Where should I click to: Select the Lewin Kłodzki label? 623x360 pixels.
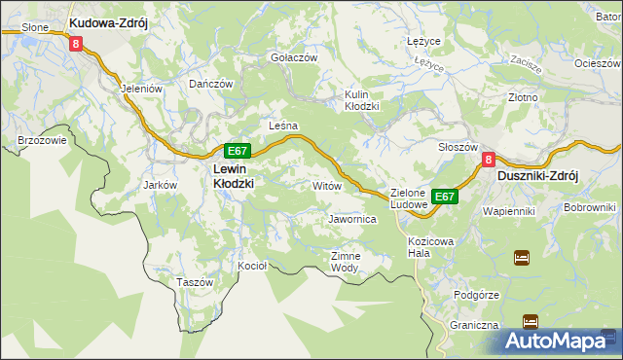(x=234, y=175)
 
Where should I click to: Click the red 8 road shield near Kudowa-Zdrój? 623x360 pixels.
(x=75, y=43)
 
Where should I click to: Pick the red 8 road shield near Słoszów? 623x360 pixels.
(x=490, y=161)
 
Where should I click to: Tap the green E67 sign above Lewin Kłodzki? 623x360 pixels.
(x=238, y=151)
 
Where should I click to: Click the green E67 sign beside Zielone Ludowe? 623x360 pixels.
(x=445, y=197)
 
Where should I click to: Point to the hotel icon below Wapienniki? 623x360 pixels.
(x=521, y=258)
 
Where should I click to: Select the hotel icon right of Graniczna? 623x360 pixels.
(x=530, y=321)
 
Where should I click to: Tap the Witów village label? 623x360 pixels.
(x=325, y=184)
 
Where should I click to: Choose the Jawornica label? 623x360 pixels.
(x=352, y=220)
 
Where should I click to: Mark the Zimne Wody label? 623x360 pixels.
(x=346, y=262)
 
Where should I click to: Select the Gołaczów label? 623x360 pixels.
(x=294, y=57)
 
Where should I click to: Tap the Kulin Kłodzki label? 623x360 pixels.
(x=361, y=100)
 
